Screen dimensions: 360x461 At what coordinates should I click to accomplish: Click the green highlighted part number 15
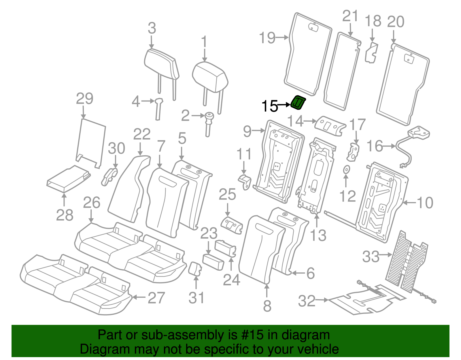[x=298, y=103]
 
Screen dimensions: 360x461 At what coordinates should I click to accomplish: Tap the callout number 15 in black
[x=269, y=106]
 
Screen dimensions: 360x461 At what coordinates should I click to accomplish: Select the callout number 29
[x=84, y=99]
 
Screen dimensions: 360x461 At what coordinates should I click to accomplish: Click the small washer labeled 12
[x=346, y=170]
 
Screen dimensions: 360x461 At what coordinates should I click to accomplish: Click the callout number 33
[x=371, y=256]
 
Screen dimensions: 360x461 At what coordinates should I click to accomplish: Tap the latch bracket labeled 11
[x=245, y=182]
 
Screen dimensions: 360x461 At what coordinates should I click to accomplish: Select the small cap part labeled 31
[x=195, y=269]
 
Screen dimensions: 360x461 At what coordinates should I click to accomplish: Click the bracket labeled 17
[x=353, y=151]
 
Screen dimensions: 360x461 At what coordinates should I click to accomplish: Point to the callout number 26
[x=92, y=203]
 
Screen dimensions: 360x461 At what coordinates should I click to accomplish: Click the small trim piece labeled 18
[x=371, y=52]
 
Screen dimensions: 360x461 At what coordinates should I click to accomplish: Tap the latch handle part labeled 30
[x=109, y=176]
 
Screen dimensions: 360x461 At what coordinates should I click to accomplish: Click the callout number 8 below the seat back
[x=267, y=306]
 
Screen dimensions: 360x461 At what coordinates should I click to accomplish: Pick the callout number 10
[x=425, y=203]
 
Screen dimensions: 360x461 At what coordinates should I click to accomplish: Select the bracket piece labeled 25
[x=232, y=225]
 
